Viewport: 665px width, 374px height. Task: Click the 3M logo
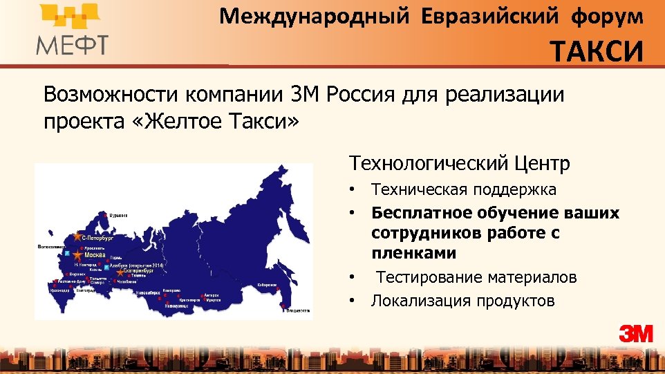coord(635,333)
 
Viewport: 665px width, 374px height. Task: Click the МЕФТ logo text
coord(72,46)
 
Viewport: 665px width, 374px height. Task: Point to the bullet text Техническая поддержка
coord(463,189)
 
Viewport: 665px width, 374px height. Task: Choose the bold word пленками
coord(413,253)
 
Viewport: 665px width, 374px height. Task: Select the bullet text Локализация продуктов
coord(462,301)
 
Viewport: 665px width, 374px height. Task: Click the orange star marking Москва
coord(77,256)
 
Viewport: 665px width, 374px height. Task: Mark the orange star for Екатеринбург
coord(120,272)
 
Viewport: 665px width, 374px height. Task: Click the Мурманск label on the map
coord(122,215)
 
